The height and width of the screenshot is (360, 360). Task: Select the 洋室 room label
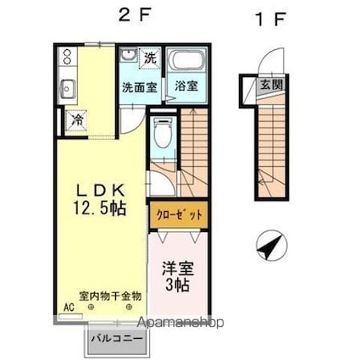point(179,269)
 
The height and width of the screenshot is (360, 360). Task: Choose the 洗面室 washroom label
point(136,86)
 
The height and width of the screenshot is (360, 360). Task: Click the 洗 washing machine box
point(149,58)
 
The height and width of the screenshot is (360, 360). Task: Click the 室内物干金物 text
point(111,296)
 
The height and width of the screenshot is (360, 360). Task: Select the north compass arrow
point(269,249)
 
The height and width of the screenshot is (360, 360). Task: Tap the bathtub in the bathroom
point(186,63)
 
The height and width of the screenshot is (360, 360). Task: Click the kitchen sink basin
point(69,87)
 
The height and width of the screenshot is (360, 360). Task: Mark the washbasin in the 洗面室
point(128,57)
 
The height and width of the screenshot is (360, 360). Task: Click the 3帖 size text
point(178,285)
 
